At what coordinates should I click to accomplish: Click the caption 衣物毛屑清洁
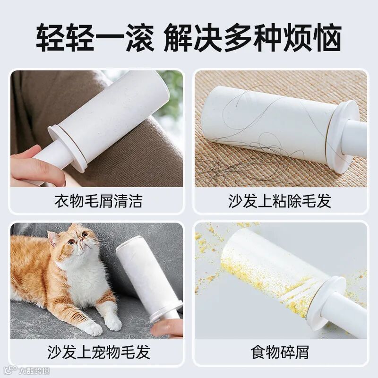click(x=98, y=201)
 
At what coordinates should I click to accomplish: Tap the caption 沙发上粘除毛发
click(x=280, y=201)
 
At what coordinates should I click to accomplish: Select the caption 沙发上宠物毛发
click(x=99, y=352)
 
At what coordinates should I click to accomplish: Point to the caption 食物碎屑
click(x=280, y=352)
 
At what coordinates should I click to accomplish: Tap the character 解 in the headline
click(x=179, y=37)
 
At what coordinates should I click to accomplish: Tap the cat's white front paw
click(x=92, y=328)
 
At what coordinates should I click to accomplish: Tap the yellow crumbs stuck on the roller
click(x=265, y=282)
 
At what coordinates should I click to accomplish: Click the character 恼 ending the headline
click(x=327, y=37)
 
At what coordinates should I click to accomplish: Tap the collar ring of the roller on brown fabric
click(x=68, y=149)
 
